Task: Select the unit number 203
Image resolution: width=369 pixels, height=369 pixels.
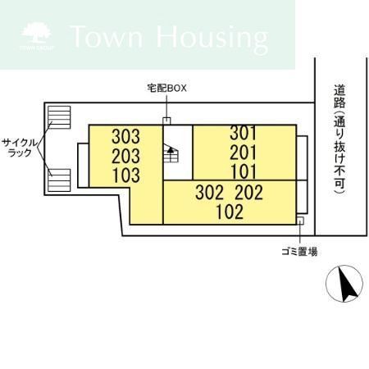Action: [125, 156]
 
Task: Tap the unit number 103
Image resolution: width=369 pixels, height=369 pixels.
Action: [125, 175]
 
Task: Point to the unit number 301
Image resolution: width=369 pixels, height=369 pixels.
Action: [244, 133]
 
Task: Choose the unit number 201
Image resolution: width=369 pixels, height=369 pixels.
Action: [244, 153]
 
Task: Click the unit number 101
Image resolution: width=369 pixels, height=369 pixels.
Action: [244, 171]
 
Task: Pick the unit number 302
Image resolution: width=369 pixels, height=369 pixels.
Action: [210, 193]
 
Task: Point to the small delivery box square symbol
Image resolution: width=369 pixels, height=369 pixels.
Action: [166, 121]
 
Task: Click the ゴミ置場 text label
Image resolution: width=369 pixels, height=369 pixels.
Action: [303, 250]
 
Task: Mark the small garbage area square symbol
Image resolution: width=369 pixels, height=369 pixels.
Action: [301, 221]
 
